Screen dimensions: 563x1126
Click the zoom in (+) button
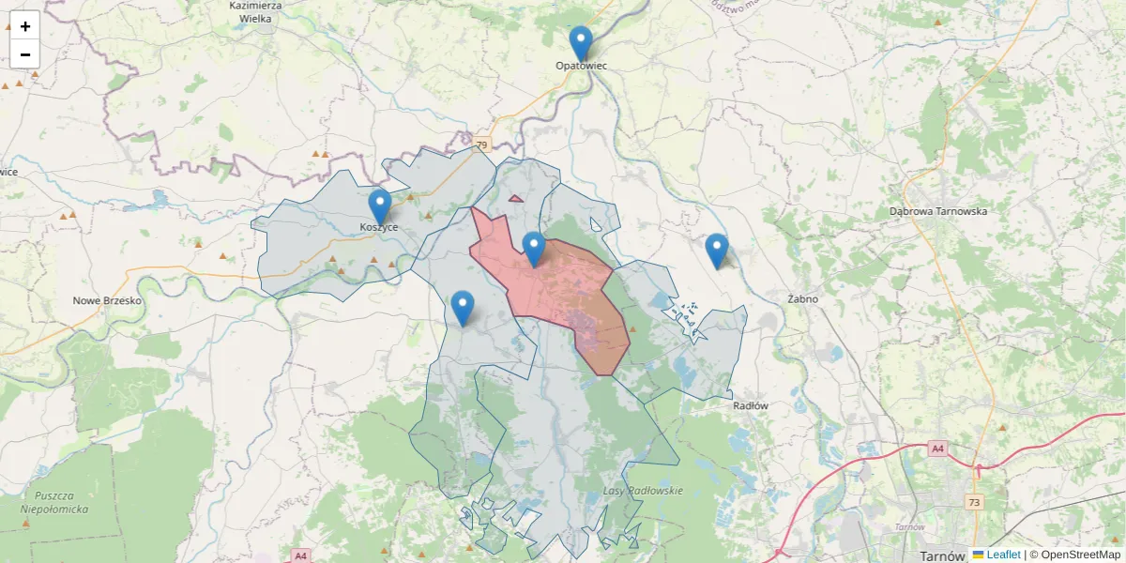[25, 26]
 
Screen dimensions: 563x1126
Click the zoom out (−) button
[25, 54]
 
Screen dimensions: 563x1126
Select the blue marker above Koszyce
[379, 206]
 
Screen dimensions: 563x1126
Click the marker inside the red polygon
[533, 249]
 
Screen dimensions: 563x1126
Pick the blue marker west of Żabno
[716, 251]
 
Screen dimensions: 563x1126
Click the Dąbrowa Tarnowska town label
[938, 212]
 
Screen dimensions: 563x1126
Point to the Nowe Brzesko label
[107, 301]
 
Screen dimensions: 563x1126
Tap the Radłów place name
[751, 406]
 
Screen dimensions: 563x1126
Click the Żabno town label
[803, 299]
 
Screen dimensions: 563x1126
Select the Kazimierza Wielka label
[255, 11]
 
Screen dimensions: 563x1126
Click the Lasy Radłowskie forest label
[643, 491]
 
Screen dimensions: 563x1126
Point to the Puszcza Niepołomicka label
[54, 502]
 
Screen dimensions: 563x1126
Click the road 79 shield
[482, 145]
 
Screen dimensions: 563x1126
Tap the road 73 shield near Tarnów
[975, 503]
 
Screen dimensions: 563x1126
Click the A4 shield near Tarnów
[937, 449]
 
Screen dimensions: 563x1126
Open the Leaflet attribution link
[1003, 555]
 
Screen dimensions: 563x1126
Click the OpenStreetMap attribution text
[1080, 555]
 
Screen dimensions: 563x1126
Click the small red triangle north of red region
[515, 199]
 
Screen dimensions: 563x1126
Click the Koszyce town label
[379, 228]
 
